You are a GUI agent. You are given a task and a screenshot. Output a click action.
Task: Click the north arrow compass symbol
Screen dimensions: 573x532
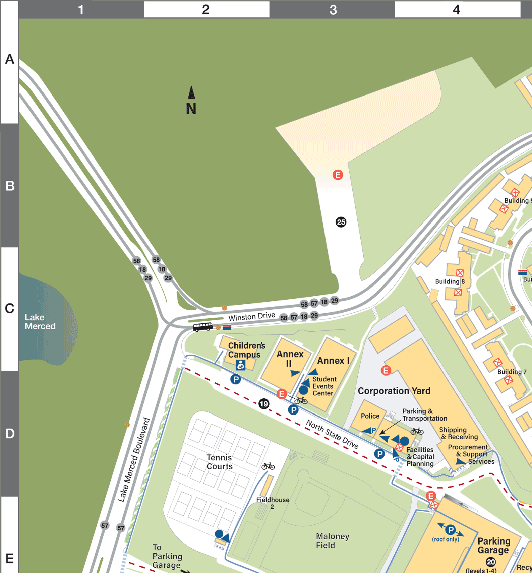(191, 100)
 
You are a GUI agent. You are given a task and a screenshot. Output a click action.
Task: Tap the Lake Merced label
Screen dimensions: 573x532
(40, 322)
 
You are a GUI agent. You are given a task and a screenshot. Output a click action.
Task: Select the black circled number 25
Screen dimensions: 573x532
(341, 222)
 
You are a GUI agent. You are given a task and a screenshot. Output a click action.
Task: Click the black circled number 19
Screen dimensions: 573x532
(264, 404)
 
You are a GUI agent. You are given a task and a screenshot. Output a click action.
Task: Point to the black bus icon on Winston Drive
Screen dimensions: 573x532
(202, 327)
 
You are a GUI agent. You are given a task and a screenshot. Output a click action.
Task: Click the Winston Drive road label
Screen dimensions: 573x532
(251, 316)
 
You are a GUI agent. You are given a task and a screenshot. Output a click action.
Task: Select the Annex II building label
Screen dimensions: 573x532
(290, 358)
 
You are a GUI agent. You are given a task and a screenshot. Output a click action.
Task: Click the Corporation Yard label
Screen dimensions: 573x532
(394, 391)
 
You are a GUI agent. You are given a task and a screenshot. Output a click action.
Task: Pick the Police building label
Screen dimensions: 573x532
(370, 416)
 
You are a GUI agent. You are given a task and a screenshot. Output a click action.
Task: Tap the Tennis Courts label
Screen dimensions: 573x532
(219, 462)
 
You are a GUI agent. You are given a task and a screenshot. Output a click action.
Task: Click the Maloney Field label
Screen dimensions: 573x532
(332, 540)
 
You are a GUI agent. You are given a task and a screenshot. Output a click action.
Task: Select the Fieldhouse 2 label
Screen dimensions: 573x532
(273, 503)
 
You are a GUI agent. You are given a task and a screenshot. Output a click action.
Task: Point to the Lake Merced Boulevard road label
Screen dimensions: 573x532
(133, 459)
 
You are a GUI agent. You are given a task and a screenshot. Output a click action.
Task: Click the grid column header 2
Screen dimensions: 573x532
(206, 9)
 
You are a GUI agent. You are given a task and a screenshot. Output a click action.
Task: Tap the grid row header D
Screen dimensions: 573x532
(10, 433)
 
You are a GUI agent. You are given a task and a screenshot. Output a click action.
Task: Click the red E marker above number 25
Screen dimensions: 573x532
(338, 175)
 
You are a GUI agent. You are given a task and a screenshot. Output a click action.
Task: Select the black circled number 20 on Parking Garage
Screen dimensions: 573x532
(491, 562)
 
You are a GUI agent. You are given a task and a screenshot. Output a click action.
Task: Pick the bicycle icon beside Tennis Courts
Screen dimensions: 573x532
(268, 466)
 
